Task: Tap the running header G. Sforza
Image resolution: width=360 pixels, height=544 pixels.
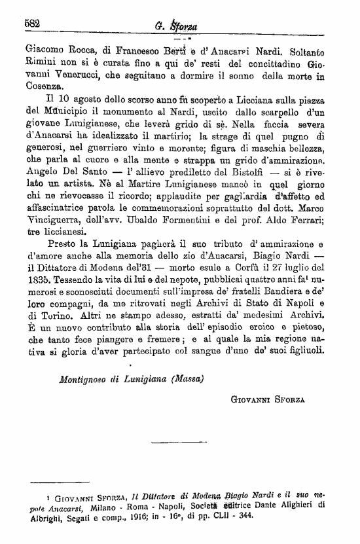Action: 181,26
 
